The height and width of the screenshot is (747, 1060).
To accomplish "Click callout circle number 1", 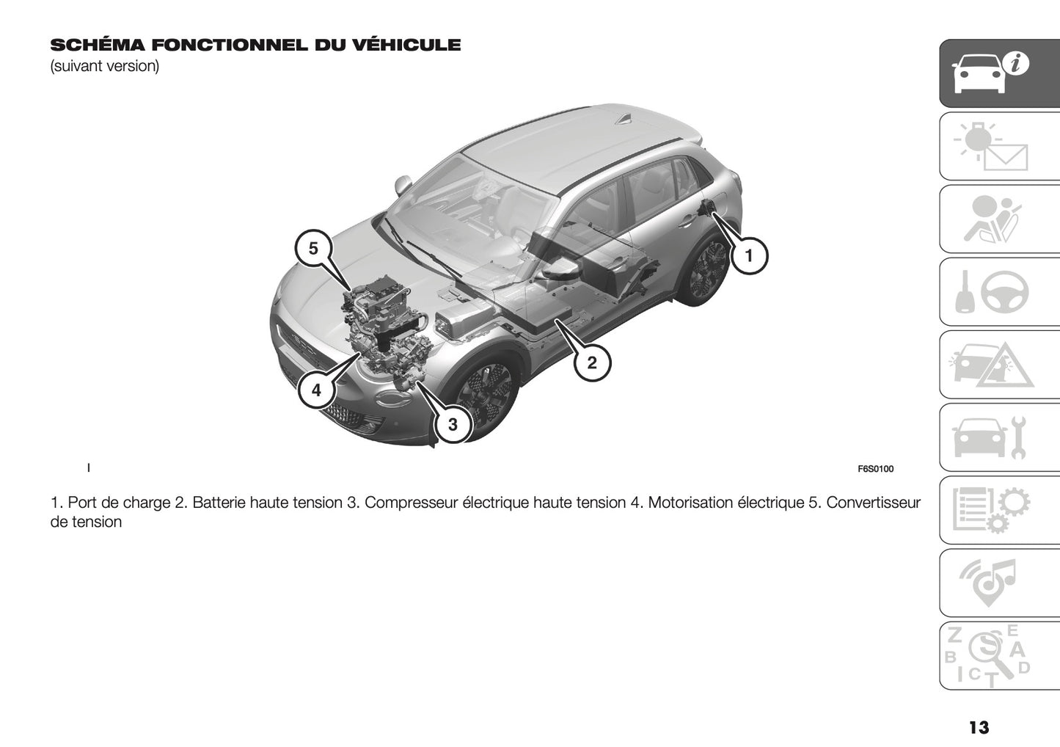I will [748, 255].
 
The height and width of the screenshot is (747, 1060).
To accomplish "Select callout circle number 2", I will [591, 362].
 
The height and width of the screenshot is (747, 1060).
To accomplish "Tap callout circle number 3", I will [453, 424].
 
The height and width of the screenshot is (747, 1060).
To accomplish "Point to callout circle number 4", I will [316, 390].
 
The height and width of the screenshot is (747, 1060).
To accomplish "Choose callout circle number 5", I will [313, 249].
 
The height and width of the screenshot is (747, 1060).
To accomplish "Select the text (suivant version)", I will [104, 66].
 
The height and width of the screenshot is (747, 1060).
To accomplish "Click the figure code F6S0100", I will [875, 470].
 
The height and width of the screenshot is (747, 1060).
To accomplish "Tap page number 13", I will [979, 727].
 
